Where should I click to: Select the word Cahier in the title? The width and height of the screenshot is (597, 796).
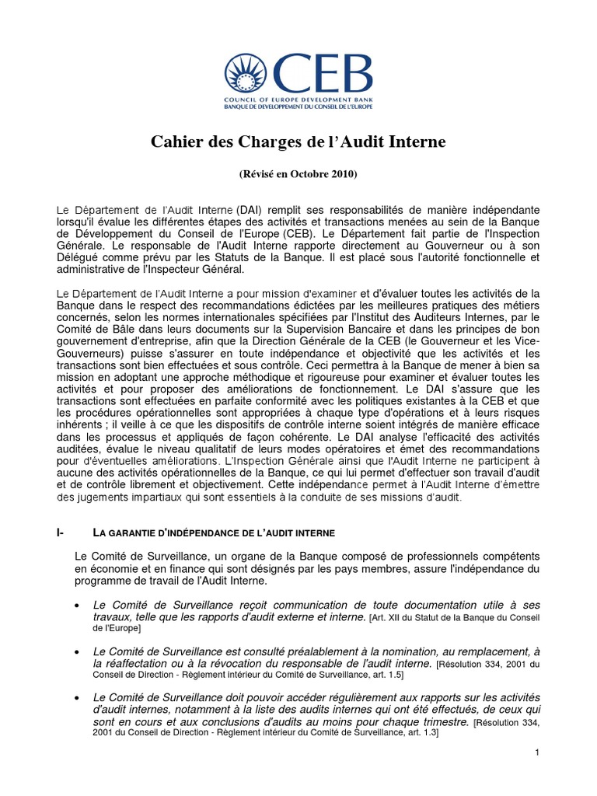tap(173, 142)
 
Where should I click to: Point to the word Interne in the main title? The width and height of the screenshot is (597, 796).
tap(418, 142)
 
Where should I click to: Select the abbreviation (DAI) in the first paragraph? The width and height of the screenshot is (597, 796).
tap(253, 211)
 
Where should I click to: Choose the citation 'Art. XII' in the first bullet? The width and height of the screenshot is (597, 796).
tap(386, 617)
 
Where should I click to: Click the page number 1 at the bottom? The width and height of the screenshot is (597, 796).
tap(536, 752)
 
